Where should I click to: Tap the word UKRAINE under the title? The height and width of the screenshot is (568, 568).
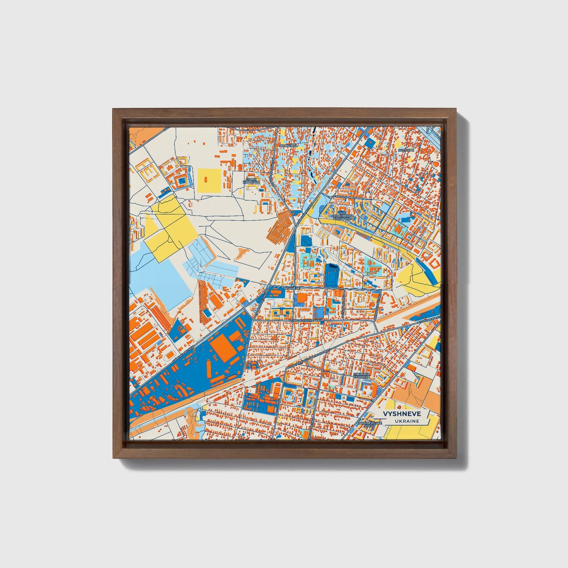(x=407, y=421)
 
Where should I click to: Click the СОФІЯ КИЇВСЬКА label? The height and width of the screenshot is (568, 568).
(x=252, y=181)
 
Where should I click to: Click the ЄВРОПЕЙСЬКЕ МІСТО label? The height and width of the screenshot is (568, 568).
(x=369, y=424)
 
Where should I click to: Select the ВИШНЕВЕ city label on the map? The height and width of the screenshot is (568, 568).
(x=292, y=288)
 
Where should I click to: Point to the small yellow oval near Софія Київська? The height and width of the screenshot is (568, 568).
(x=240, y=192)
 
